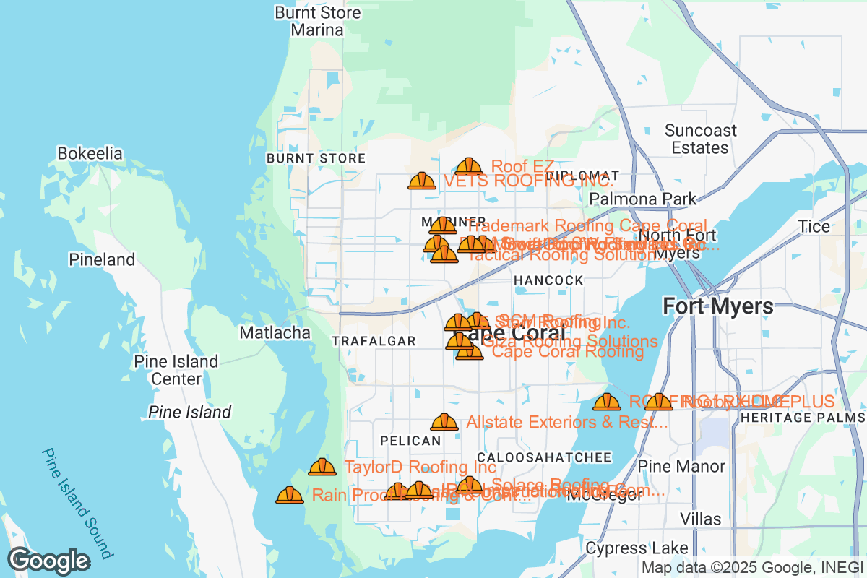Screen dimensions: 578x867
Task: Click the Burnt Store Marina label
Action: [317, 22]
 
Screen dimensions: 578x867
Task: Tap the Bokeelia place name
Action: [90, 154]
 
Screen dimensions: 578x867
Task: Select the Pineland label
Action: [102, 259]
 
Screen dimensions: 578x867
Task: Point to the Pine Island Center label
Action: [176, 370]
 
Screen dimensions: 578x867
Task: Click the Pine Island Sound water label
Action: [77, 504]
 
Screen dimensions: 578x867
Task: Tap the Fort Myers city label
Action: [718, 306]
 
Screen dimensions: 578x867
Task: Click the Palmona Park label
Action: [643, 199]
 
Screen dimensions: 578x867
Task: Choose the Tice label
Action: [814, 227]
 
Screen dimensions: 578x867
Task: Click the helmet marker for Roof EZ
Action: [470, 168]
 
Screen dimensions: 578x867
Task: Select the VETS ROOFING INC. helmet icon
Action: [422, 181]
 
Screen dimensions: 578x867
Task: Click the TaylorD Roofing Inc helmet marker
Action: [322, 467]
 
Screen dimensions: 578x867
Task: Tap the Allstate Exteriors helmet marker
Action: [444, 422]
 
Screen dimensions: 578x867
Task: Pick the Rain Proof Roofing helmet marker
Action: [290, 496]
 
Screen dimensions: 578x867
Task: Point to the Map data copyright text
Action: [751, 568]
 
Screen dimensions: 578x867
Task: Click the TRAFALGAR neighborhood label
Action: [374, 341]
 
